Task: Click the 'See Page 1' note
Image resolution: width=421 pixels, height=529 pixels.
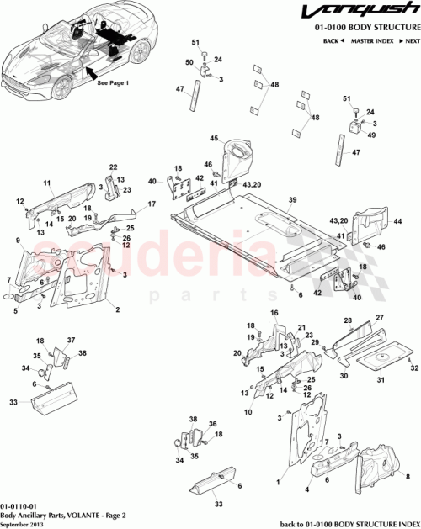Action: point(113,84)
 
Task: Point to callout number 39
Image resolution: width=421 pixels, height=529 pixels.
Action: point(293,200)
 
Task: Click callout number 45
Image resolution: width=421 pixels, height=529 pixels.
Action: point(214,139)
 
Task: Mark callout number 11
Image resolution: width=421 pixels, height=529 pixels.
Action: point(47,183)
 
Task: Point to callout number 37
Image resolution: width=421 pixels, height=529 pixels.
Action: point(72,341)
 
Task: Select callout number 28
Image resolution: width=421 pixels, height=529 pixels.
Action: point(347,320)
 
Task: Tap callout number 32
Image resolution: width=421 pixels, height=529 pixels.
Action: point(413,368)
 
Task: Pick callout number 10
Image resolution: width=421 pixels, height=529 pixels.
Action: point(247,412)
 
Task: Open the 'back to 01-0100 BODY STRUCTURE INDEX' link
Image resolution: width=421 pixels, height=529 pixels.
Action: point(348,522)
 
